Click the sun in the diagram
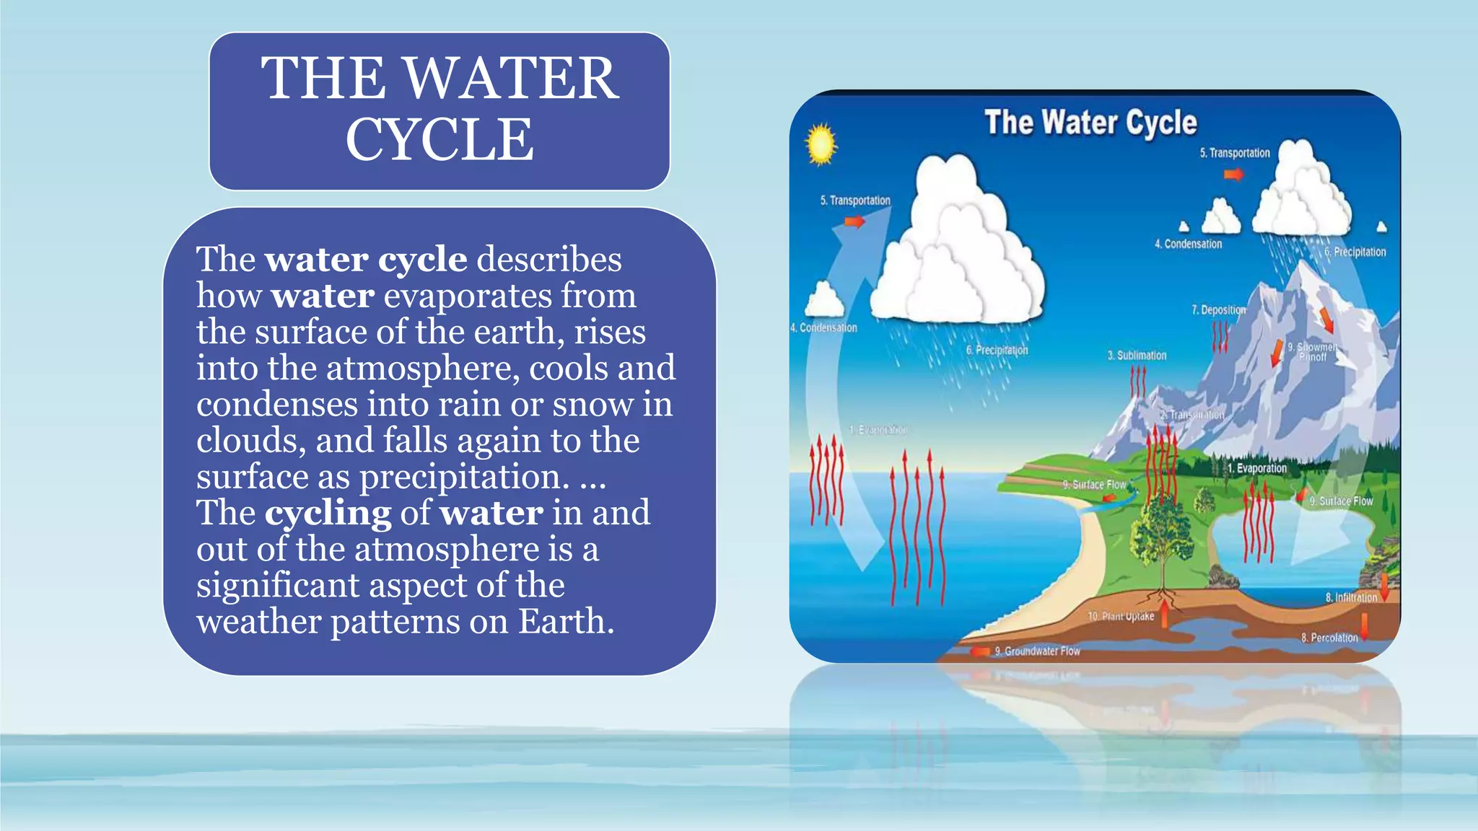[821, 144]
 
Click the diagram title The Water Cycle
[1090, 123]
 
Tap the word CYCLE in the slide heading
[440, 140]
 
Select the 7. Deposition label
[1219, 309]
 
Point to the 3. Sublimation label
[1137, 356]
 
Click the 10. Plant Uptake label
[1121, 616]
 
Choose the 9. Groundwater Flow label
[1036, 651]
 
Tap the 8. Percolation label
[1329, 638]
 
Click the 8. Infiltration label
[1351, 597]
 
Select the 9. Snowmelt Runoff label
[1313, 352]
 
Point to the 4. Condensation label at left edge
[824, 327]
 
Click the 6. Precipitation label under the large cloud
[997, 350]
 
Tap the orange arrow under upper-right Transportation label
[1233, 174]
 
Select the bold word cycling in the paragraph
[328, 514]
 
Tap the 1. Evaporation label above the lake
[1256, 468]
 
